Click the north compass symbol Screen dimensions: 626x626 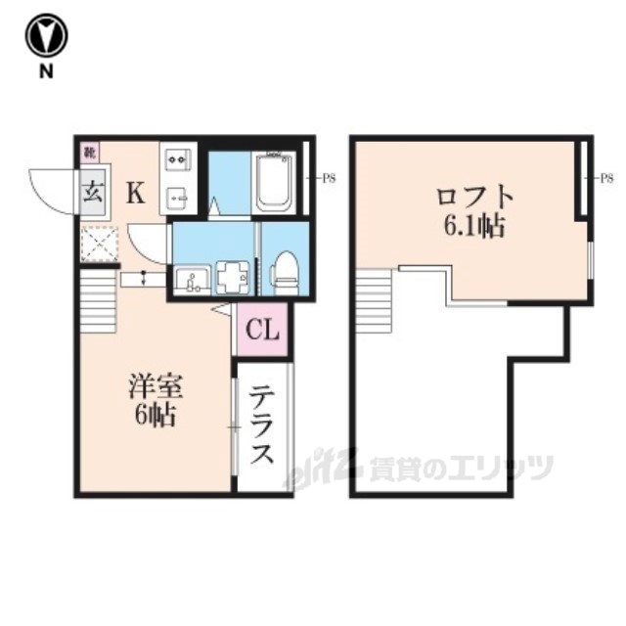pos(46,35)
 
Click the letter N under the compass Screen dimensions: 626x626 pos(46,71)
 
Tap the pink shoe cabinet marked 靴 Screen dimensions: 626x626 pos(90,153)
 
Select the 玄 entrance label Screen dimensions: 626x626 pos(94,192)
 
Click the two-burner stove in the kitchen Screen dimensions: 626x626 pos(178,160)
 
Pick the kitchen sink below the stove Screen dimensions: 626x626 pos(178,197)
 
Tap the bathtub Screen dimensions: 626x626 pos(275,183)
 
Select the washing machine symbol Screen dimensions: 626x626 pos(233,277)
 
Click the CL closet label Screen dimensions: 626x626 pos(262,330)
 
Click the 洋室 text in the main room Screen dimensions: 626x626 pos(156,386)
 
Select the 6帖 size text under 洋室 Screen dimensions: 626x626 pos(156,416)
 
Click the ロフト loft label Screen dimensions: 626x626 pos(473,198)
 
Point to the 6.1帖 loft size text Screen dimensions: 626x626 pos(473,226)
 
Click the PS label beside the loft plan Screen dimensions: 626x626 pos(606,178)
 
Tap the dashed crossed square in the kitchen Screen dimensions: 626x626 pos(100,244)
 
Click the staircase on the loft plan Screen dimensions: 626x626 pos(374,301)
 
